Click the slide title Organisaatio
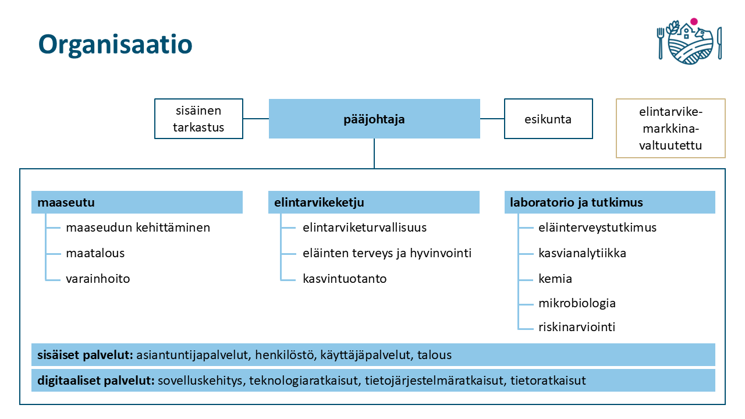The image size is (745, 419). [115, 45]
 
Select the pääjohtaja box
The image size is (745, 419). [374, 119]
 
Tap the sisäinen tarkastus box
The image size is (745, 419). [198, 119]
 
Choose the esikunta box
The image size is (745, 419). [548, 119]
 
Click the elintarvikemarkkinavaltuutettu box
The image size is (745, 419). [670, 129]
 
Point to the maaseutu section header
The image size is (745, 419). [137, 203]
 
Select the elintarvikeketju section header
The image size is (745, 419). [374, 203]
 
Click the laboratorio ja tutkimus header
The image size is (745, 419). [609, 203]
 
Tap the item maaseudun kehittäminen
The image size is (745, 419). [138, 228]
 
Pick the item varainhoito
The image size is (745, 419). [98, 279]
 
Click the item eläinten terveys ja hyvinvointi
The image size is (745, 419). [387, 253]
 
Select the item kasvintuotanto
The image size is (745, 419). [345, 279]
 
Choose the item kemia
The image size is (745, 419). [555, 279]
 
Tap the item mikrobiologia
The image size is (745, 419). [577, 303]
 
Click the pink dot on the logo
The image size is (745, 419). [694, 22]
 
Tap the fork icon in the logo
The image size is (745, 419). [661, 43]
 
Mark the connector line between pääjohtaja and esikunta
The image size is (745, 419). [492, 119]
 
